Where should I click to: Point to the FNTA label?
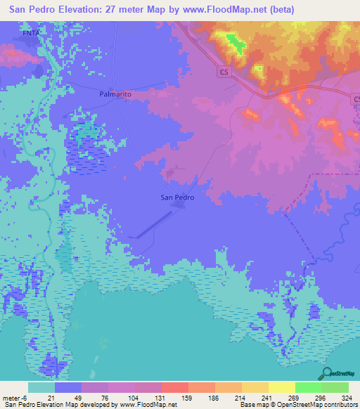click(30, 32)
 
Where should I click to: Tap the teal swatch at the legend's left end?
click(41, 387)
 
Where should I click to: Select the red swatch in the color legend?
click(175, 387)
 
